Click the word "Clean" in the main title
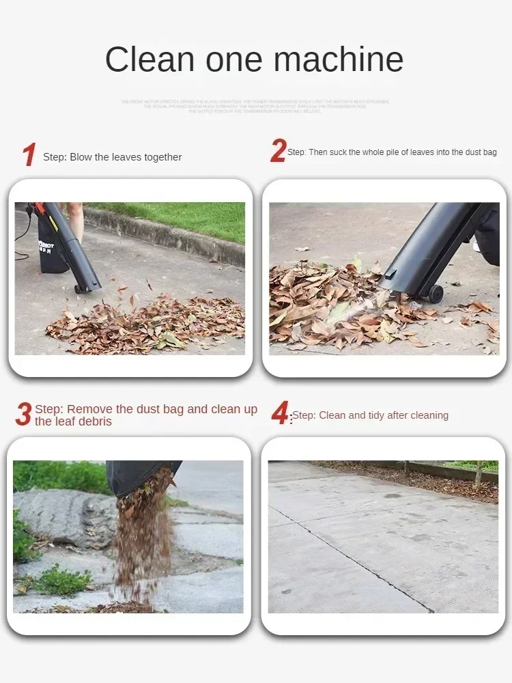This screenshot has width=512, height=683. pos(148,59)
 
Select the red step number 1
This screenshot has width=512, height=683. pos(28,155)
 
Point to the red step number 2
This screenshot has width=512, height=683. pos(278,151)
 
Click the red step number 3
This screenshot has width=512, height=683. pos(23,415)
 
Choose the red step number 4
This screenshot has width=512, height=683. pos(280,414)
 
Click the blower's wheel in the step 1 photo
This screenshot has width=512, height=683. pos(79,289)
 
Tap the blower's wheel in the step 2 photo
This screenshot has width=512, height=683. pos(434,294)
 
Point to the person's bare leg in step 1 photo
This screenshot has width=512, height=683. pos(75,220)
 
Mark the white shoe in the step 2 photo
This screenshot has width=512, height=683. pos(477,246)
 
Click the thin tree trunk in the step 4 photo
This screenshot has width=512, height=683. pos(479,472)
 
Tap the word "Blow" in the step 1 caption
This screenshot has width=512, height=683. pos(81,157)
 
